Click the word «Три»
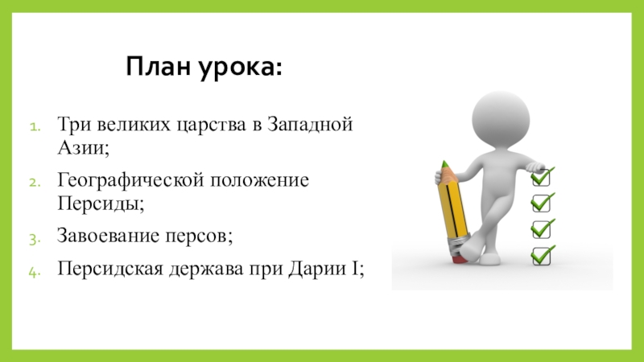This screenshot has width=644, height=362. click(x=73, y=126)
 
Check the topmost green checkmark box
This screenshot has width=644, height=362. click(x=543, y=175)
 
